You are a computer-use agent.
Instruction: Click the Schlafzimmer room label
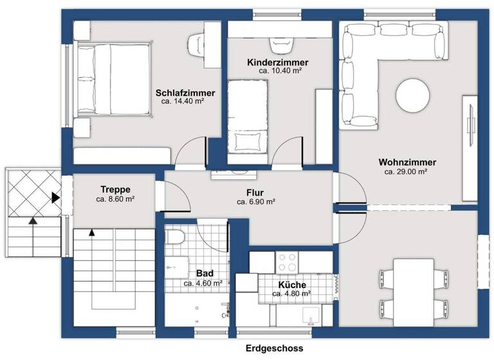(185, 93)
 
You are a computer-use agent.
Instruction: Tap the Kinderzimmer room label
(278, 62)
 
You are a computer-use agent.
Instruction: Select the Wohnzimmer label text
(408, 162)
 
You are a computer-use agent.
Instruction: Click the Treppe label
(116, 190)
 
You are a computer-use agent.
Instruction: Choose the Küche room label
(292, 285)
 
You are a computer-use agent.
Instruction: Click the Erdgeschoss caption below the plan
(274, 348)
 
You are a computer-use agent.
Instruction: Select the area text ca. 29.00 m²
(407, 172)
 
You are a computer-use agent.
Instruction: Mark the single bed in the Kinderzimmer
(248, 116)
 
